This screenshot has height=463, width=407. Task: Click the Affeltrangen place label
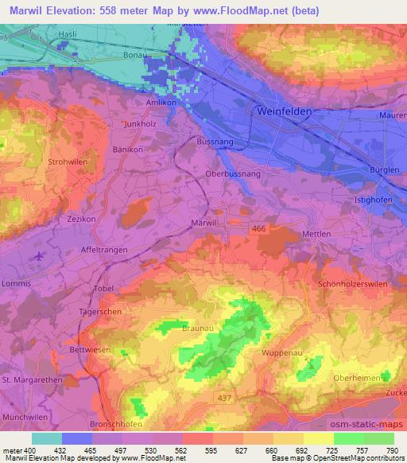click(108, 248)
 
